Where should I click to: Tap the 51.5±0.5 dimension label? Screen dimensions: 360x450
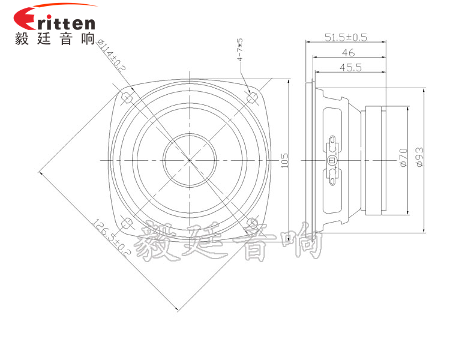(x=345, y=37)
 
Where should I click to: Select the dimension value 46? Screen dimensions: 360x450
(x=349, y=53)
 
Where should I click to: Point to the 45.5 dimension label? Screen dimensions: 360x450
(x=350, y=68)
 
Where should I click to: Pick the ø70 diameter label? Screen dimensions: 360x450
(x=403, y=157)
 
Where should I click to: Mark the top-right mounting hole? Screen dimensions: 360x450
(x=252, y=97)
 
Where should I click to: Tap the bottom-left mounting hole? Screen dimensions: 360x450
(x=127, y=224)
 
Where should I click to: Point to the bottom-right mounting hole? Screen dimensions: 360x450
(x=252, y=223)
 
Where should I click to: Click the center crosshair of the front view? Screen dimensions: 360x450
(x=190, y=160)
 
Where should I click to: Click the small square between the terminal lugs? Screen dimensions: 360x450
(x=332, y=160)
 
